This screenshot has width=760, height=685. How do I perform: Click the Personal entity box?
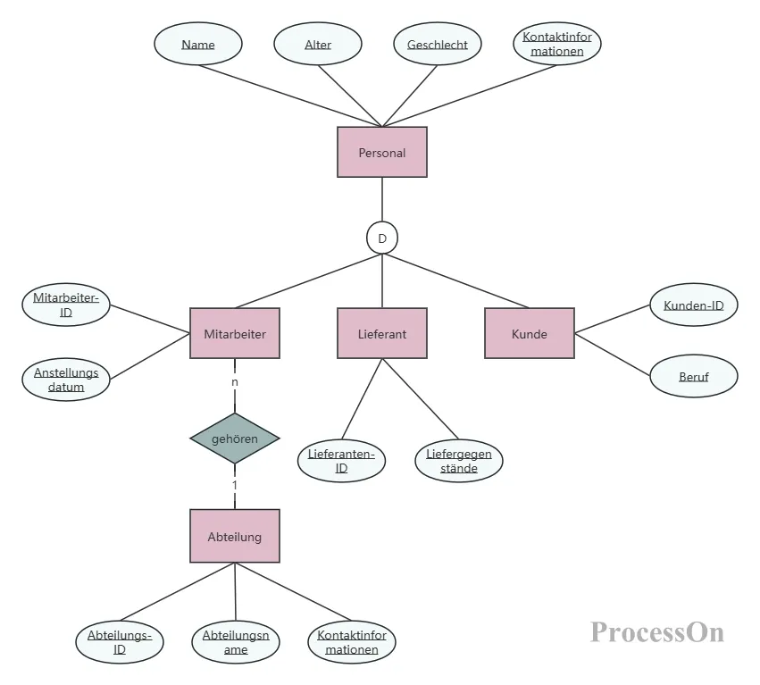pos(382,152)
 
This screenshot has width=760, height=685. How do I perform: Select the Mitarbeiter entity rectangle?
pos(235,333)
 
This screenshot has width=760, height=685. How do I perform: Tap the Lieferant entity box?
pos(382,333)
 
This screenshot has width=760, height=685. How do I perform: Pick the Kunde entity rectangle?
pos(530,333)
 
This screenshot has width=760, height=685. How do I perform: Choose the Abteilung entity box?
pos(235,536)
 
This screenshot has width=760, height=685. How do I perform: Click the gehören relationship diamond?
pos(235,439)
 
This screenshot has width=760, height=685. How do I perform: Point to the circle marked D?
pos(382,238)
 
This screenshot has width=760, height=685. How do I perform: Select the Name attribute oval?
pos(197,44)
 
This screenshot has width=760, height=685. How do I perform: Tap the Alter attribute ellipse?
pos(317,44)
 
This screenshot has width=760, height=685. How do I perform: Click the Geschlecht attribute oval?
pos(438,44)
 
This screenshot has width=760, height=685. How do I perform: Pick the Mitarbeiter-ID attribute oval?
pos(66,305)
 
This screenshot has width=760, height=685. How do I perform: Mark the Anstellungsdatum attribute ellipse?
pos(66,380)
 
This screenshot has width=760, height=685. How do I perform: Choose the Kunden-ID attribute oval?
pos(694,305)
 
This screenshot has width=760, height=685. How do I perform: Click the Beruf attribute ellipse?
pos(694,376)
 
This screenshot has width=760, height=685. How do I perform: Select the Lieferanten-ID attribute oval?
pos(341,461)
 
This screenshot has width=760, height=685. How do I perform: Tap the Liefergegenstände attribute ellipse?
pos(458,461)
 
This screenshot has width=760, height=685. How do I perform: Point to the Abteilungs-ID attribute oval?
pos(120,642)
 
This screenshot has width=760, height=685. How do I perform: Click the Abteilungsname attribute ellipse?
pos(236,642)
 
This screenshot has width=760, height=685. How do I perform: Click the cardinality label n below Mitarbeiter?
pos(235,382)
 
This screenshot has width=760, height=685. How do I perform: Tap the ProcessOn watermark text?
pos(657,632)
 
